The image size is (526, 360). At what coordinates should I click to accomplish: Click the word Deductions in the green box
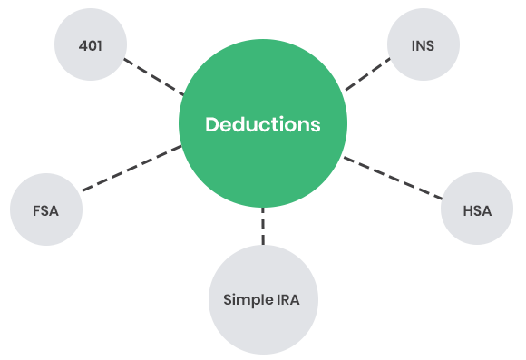point(262,124)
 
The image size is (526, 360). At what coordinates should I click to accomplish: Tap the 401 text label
point(90,44)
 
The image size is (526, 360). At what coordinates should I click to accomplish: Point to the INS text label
point(423,44)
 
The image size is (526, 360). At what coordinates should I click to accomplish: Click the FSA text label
point(44,210)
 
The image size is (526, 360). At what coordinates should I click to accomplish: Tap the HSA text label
point(476,210)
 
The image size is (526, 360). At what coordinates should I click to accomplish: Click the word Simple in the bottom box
point(243,298)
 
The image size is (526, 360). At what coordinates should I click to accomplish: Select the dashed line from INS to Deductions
point(367,74)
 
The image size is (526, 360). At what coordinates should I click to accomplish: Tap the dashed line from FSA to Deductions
point(131,168)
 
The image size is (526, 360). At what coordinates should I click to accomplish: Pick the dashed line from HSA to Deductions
point(392,177)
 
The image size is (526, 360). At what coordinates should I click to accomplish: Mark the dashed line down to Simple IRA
point(263,226)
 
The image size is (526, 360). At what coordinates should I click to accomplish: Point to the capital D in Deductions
point(211,124)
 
